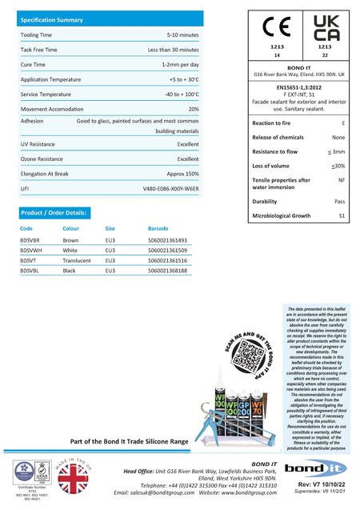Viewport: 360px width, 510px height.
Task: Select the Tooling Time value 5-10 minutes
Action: (182, 35)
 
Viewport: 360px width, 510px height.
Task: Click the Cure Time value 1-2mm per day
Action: (180, 64)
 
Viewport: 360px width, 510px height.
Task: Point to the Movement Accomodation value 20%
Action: (194, 109)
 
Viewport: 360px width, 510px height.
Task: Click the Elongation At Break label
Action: (45, 174)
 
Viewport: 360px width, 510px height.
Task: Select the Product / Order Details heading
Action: (54, 212)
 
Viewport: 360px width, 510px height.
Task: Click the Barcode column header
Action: (158, 228)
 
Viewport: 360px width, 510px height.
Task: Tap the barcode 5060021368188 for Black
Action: (167, 271)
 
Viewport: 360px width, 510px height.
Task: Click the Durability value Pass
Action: (339, 202)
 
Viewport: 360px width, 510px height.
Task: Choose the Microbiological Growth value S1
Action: (342, 216)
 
